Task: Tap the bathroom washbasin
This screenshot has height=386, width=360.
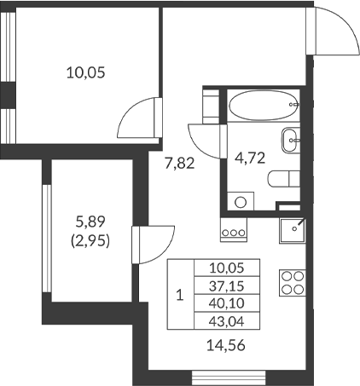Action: [x=291, y=135]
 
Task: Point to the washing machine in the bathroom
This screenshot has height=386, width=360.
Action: [x=241, y=201]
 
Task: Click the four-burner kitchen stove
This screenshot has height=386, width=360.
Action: [x=293, y=282]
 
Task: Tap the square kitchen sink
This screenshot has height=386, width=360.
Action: [x=294, y=228]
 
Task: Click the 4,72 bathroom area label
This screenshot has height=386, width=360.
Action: [x=250, y=156]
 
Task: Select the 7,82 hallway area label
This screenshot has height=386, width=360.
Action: [x=179, y=164]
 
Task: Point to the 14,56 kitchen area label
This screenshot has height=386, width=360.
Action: [x=224, y=345]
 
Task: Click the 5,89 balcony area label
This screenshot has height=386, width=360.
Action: [x=91, y=220]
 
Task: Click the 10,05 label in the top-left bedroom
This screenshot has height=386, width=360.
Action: [x=85, y=72]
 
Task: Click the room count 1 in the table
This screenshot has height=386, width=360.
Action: [x=179, y=296]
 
